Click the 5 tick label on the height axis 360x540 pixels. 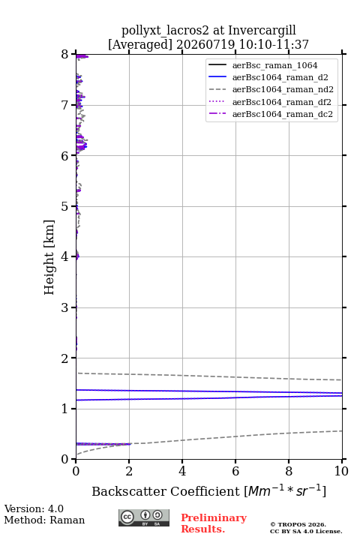64,207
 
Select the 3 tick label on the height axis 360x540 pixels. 64,307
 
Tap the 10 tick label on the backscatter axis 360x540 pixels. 341,471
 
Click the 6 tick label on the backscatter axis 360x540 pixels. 235,471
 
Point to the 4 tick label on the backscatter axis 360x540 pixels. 182,471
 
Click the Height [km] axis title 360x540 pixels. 49,257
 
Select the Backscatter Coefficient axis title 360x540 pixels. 208,491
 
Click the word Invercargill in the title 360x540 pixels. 262,30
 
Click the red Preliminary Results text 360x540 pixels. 214,523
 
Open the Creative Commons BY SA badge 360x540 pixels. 144,517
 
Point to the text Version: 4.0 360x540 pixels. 34,508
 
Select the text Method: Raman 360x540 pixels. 44,520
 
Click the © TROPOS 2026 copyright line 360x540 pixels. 298,524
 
